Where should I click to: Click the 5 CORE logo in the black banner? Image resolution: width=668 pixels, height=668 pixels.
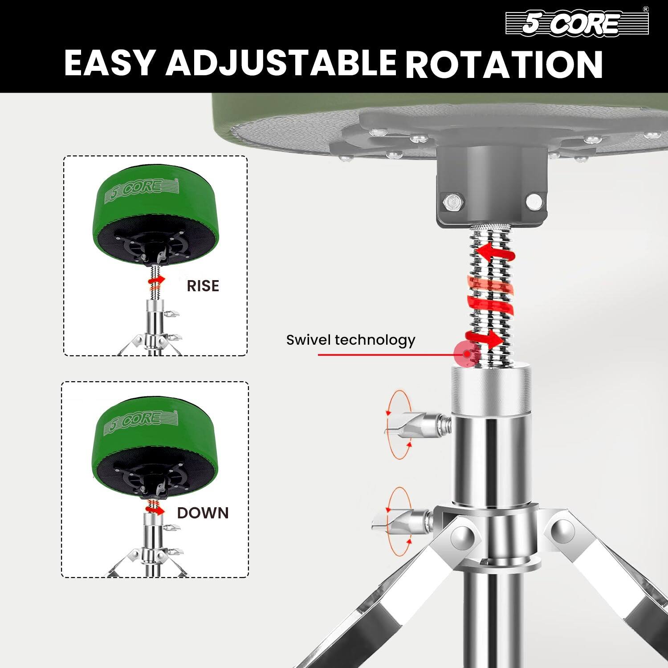point(576,23)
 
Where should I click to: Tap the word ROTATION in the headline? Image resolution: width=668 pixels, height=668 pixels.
point(504,64)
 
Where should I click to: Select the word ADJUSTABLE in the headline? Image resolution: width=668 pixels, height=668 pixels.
point(281,63)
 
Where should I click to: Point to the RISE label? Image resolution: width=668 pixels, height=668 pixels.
point(203,286)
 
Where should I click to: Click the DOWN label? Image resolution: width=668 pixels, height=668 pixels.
point(203,513)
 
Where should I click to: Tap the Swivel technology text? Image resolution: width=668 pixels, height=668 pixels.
point(350,340)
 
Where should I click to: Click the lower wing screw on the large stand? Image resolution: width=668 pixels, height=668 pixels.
point(403,521)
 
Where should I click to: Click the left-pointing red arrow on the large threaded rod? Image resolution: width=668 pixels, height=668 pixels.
point(494,253)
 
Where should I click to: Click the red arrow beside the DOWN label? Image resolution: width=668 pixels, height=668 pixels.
point(156,510)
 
